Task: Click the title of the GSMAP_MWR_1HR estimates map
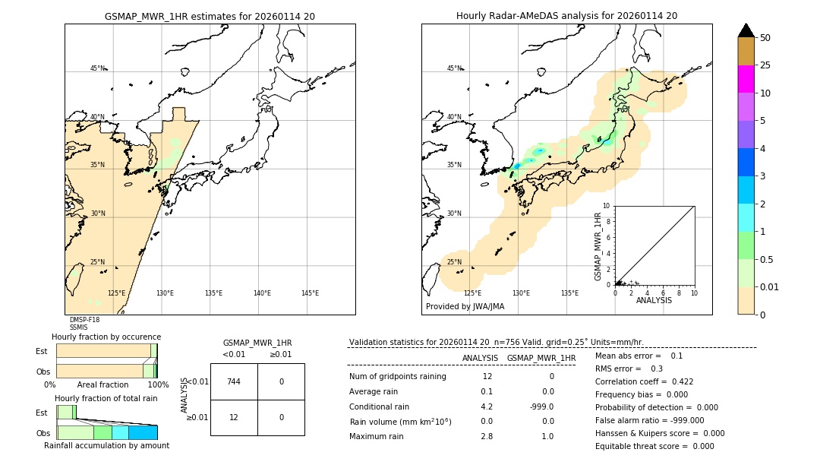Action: (210, 16)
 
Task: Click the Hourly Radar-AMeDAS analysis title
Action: (566, 16)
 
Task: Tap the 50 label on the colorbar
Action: (765, 38)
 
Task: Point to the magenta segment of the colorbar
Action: (746, 79)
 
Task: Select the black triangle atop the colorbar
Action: (746, 30)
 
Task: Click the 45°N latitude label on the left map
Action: (97, 68)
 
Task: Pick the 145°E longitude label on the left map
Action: (310, 293)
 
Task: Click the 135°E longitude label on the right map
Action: (569, 293)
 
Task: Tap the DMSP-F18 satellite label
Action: (84, 320)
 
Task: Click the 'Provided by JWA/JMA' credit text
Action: (465, 307)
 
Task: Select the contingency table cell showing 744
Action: (234, 381)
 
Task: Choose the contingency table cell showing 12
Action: (234, 417)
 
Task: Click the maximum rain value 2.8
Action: (487, 436)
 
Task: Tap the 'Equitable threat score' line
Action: (654, 446)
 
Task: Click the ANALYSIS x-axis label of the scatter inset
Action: (654, 300)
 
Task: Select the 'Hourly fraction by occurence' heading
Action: (106, 337)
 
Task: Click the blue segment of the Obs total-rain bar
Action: (143, 432)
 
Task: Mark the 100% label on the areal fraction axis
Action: (158, 385)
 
